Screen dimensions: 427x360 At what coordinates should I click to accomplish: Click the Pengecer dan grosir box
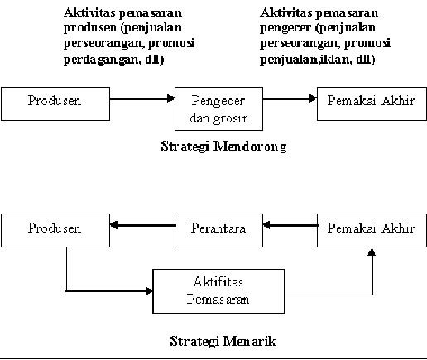tap(218, 108)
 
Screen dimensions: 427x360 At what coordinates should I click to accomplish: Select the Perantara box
tap(218, 230)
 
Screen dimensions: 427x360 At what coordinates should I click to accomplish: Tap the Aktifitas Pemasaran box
tap(218, 291)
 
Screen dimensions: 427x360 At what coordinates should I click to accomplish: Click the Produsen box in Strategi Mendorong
tap(55, 103)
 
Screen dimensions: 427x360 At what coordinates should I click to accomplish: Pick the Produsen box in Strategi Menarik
tap(55, 230)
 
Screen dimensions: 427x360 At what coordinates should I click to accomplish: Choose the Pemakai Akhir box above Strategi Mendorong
tap(372, 103)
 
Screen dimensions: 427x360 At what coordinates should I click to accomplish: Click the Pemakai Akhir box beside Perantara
tap(372, 230)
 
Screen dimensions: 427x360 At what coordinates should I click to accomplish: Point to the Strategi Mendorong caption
tap(223, 146)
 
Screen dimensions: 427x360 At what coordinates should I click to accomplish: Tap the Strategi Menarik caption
tap(223, 341)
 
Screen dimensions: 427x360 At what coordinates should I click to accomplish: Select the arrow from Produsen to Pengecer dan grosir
tap(142, 98)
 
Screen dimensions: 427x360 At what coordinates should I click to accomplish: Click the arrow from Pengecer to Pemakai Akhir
tap(290, 98)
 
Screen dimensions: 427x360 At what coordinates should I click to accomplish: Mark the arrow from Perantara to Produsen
tap(142, 225)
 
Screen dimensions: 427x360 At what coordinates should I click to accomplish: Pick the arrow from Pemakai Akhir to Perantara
tap(290, 225)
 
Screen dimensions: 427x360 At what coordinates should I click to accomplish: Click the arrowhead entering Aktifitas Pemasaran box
tap(149, 291)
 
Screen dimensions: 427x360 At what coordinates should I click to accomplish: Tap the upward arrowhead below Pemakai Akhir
tap(372, 252)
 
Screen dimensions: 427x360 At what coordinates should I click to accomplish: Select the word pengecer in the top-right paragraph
tap(285, 27)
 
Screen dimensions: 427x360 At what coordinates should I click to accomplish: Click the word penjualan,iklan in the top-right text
tap(306, 60)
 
